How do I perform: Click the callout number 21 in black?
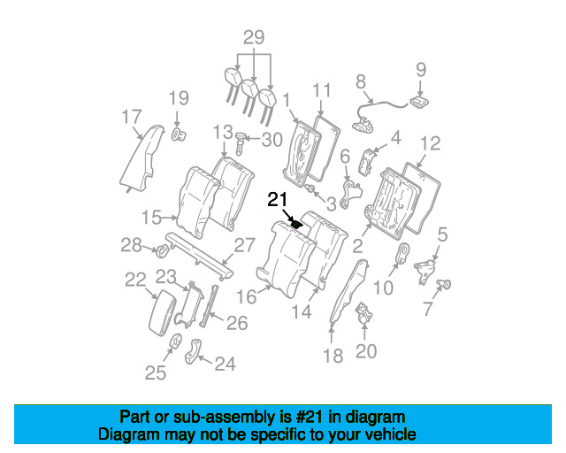[277, 200]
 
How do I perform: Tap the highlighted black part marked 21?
[297, 225]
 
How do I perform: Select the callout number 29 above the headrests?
[254, 37]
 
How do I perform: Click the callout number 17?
[132, 117]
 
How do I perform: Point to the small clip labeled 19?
[178, 134]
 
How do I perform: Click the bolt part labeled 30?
[240, 143]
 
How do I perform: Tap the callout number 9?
[421, 70]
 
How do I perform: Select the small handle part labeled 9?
[420, 102]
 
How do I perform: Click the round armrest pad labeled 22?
[162, 313]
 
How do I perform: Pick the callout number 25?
[156, 372]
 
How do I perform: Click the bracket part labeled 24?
[194, 350]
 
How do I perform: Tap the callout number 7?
[428, 309]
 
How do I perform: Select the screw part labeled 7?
[444, 284]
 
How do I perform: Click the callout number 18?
[333, 357]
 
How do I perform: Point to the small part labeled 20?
[363, 313]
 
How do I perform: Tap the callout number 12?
[431, 143]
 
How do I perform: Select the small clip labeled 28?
[163, 250]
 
